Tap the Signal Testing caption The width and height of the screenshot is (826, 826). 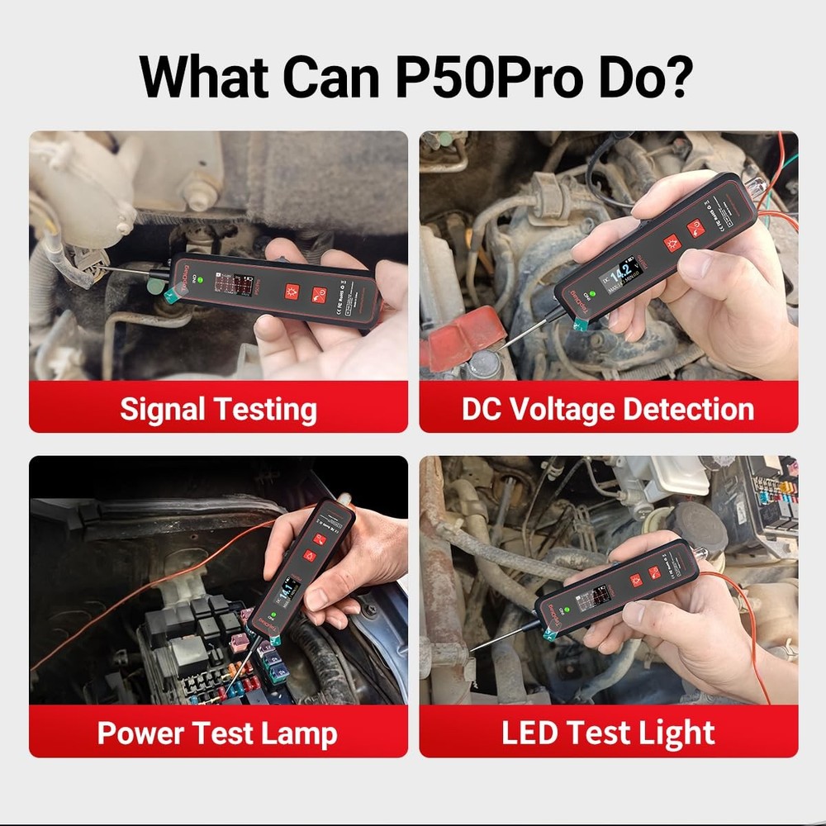(x=218, y=409)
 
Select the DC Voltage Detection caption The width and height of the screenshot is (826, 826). (x=608, y=409)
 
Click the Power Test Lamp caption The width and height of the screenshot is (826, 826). (x=218, y=733)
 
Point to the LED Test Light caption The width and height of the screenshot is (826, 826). (x=608, y=733)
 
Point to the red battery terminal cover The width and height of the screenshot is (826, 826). (x=463, y=339)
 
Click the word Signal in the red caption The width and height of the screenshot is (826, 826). (x=162, y=409)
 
